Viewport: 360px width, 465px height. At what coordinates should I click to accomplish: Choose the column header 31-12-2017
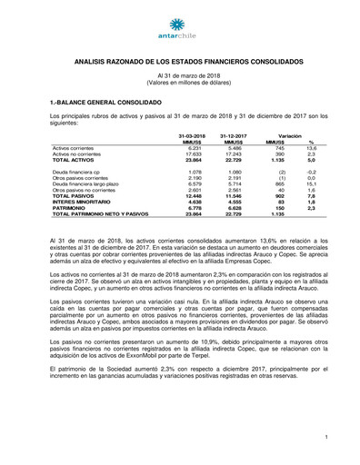(231, 135)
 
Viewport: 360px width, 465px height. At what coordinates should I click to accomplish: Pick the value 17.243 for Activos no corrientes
(235, 153)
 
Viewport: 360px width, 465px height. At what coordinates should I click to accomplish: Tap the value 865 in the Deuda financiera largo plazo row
(280, 183)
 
